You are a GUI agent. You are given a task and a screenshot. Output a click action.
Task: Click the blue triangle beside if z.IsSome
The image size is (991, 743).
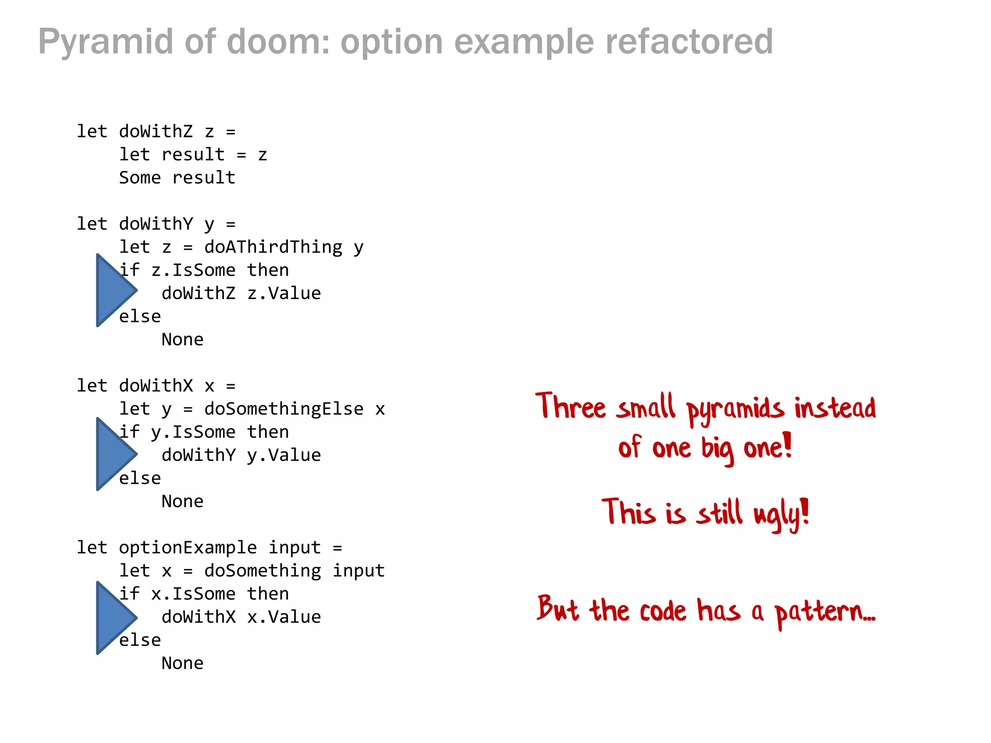pos(114,290)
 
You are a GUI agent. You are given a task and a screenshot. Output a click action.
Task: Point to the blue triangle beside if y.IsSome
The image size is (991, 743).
pos(114,454)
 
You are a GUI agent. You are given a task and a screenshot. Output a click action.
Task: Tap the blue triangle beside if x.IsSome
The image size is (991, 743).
pos(114,618)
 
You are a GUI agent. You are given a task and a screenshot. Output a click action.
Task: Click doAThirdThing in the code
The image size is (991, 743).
pos(273,247)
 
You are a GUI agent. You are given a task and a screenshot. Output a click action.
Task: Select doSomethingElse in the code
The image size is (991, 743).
pos(284,409)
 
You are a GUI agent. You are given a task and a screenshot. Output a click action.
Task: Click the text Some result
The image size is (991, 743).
pos(177,178)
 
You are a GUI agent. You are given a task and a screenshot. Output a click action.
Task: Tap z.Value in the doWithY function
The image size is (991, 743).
pos(284,294)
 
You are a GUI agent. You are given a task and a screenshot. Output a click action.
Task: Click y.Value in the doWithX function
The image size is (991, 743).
pos(284,456)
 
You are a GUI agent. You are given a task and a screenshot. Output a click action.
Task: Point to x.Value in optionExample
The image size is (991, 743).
pos(284,617)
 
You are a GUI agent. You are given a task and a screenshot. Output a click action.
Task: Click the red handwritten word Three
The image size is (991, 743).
pos(571,406)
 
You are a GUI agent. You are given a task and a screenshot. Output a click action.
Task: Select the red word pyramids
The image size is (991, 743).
pos(735,409)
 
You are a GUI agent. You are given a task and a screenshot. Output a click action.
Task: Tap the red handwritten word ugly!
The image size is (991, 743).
pos(781,514)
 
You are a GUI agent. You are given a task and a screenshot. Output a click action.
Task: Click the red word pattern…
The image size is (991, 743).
pos(825,611)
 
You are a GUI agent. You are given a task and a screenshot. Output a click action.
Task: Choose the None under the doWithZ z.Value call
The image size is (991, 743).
pos(182,340)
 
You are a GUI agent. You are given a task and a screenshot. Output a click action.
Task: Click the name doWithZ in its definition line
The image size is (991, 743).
pos(156,132)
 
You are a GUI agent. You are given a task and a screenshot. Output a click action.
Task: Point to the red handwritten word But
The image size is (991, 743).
pos(557,609)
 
